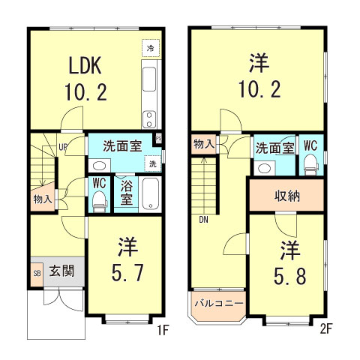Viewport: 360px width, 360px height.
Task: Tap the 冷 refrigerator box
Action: [x=151, y=48]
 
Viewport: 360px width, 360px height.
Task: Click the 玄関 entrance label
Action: [x=61, y=271]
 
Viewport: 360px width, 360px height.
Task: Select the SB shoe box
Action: [x=37, y=271]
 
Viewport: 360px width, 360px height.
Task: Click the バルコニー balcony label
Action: [x=218, y=304]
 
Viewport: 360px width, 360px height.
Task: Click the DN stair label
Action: [x=204, y=221]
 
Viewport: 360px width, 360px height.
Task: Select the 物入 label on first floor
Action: [x=42, y=199]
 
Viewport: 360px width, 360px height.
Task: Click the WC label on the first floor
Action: [x=99, y=181]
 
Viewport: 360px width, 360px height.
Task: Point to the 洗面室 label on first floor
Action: [x=122, y=145]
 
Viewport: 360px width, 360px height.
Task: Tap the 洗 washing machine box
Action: [x=152, y=164]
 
